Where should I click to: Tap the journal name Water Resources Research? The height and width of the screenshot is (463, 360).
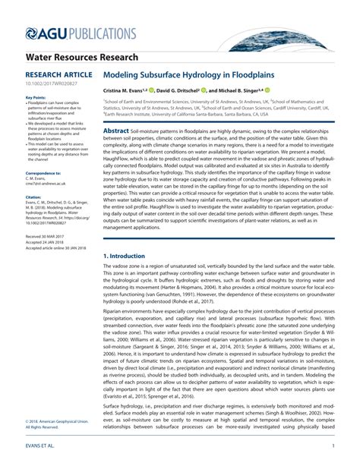(81, 58)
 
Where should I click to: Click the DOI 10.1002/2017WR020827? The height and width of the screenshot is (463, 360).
(47, 85)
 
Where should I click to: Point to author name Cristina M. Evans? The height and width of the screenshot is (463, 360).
(130, 90)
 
